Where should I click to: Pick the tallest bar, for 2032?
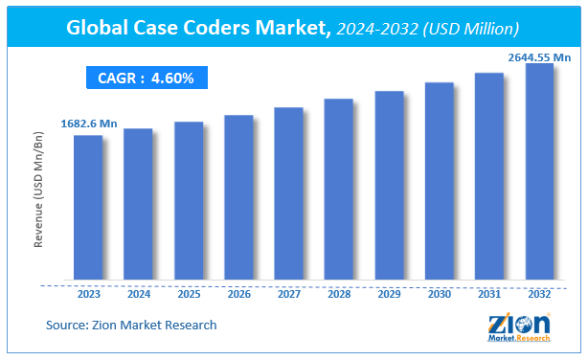coord(539,172)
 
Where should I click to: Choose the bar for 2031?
coord(488,177)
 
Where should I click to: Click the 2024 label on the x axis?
coord(138,296)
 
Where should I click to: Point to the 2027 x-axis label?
coord(288,296)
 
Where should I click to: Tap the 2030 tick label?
coord(439,296)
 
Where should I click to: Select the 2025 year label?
coord(189,296)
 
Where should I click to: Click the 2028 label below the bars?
coord(338,296)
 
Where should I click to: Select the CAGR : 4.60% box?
coord(146,78)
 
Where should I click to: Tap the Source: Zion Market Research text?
coord(131,326)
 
